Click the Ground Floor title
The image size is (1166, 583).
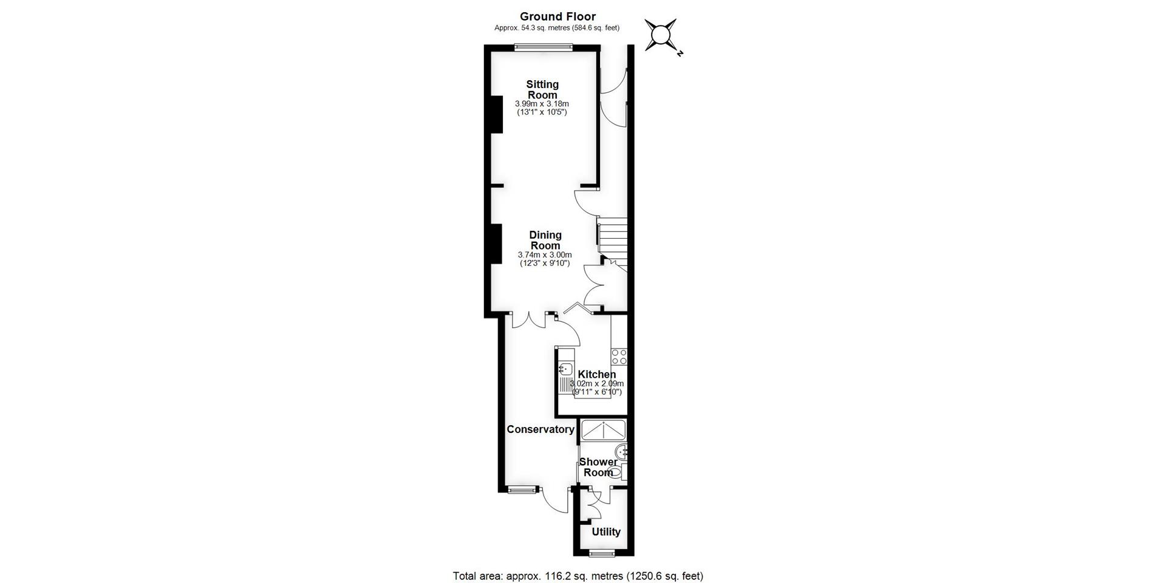pyautogui.click(x=557, y=16)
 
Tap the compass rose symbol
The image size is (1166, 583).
pyautogui.click(x=661, y=35)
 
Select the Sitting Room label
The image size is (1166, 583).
pyautogui.click(x=542, y=89)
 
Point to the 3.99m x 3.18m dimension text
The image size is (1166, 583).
pyautogui.click(x=542, y=104)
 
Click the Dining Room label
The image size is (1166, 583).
pyautogui.click(x=545, y=240)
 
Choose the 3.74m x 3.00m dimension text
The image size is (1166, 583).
pyautogui.click(x=545, y=255)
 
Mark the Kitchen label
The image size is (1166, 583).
pyautogui.click(x=596, y=374)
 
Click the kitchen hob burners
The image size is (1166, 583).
pyautogui.click(x=619, y=356)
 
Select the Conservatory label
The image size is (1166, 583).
pyautogui.click(x=540, y=429)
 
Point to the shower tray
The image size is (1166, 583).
pyautogui.click(x=603, y=430)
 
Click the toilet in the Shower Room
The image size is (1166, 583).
pyautogui.click(x=615, y=472)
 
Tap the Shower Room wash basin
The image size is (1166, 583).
pyautogui.click(x=621, y=451)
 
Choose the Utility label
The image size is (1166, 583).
pyautogui.click(x=605, y=532)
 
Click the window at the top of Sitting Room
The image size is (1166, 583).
pyautogui.click(x=543, y=47)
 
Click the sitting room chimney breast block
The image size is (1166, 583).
pyautogui.click(x=496, y=114)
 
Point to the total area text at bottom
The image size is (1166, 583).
pyautogui.click(x=578, y=576)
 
